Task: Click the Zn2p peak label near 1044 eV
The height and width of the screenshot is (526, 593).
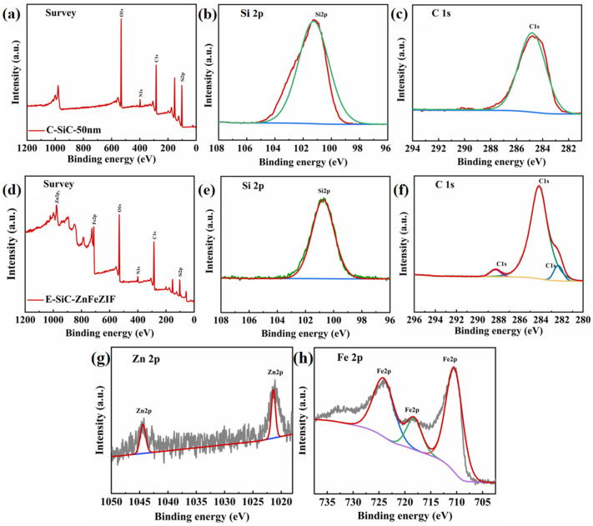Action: [143, 411]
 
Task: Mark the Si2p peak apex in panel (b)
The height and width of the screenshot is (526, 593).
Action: [314, 22]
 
